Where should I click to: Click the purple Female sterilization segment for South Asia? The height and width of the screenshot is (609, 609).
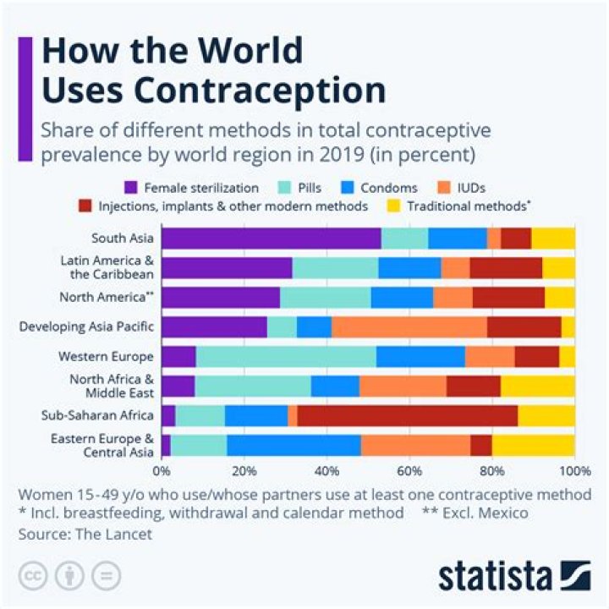[271, 239]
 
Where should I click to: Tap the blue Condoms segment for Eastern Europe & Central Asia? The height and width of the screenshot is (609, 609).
[294, 445]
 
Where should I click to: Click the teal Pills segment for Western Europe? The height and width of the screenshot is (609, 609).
[286, 356]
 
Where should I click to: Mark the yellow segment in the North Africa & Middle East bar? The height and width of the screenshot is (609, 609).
[538, 386]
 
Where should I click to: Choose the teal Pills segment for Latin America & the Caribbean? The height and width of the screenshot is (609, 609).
[335, 268]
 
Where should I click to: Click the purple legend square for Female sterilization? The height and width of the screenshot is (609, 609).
[131, 187]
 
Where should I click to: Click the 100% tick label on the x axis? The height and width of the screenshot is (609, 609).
[573, 470]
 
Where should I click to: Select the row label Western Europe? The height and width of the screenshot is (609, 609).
[118, 356]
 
